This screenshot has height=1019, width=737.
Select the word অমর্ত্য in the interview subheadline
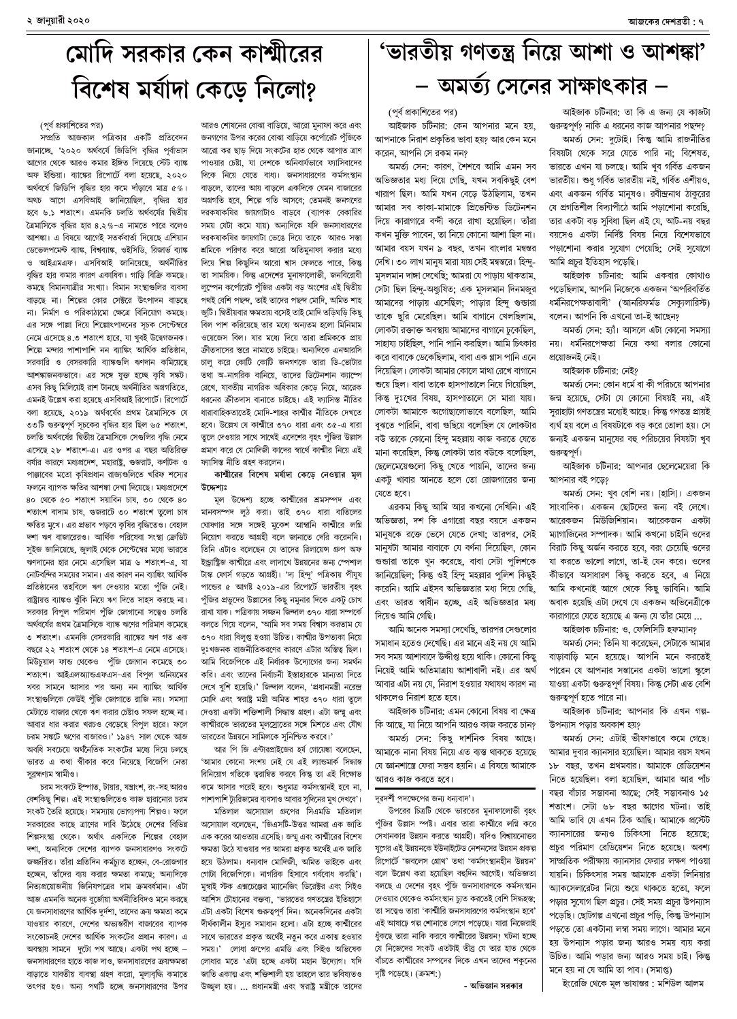coord(491,86)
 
